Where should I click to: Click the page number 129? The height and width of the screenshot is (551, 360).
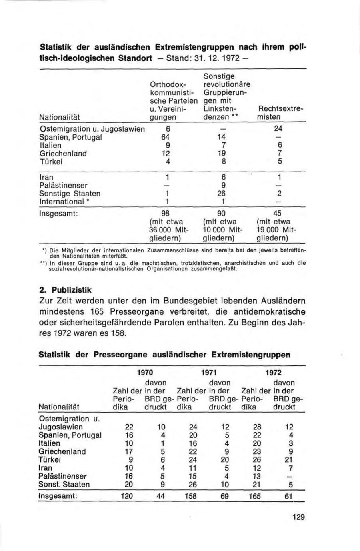298,517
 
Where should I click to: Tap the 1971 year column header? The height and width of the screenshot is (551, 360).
209,373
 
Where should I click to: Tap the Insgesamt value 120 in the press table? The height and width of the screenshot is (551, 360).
126,496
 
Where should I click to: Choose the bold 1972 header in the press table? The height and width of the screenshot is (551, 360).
274,373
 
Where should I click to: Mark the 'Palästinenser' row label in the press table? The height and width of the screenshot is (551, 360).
62,476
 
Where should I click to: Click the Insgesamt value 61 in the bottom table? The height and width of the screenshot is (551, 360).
291,496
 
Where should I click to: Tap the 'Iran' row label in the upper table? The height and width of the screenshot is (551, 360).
46,177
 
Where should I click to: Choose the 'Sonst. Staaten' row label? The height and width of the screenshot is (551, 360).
64,484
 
